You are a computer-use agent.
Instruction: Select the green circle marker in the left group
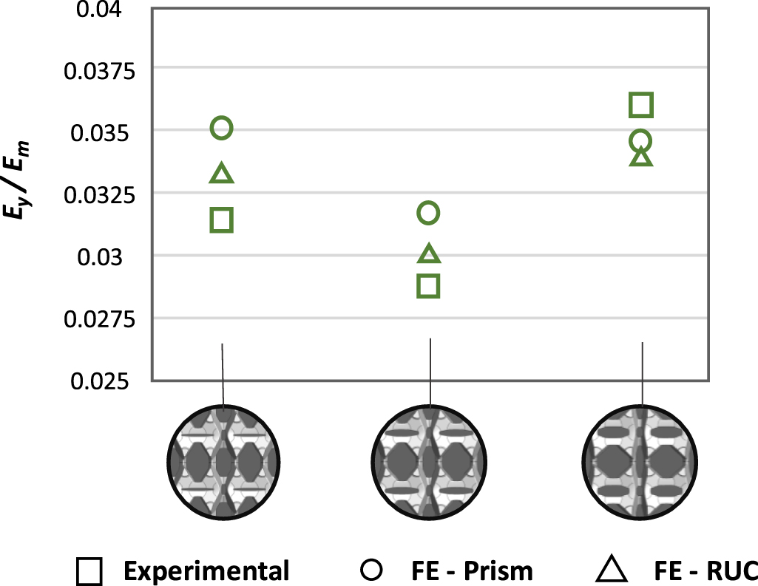coord(222,129)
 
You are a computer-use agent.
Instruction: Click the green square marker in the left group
coord(222,219)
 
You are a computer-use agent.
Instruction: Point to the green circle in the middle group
coord(429,214)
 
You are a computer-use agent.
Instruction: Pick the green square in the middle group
coord(429,285)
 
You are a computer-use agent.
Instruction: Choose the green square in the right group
coord(641,106)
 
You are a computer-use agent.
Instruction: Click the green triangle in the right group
coord(641,157)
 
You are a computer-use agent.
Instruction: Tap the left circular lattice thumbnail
coord(223,462)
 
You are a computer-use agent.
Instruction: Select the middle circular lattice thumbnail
coord(430,462)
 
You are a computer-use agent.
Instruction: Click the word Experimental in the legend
coord(206,570)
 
